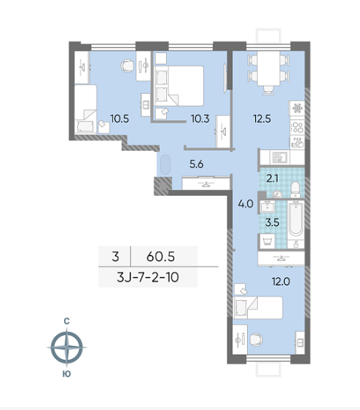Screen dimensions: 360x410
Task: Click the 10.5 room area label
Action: click(x=120, y=119)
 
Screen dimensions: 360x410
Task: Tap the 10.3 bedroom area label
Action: click(x=200, y=119)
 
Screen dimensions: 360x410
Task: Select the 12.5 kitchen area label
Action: click(x=262, y=119)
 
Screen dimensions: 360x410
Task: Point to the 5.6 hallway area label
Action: click(x=197, y=164)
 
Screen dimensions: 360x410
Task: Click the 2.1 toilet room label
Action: click(x=272, y=178)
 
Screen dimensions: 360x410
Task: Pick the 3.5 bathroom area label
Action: click(x=273, y=223)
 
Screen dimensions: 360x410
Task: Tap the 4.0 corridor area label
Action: click(x=246, y=204)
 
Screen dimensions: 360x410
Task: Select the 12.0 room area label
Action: click(x=281, y=282)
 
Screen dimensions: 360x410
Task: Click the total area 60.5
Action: click(x=160, y=256)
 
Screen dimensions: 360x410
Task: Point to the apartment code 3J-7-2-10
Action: click(x=148, y=277)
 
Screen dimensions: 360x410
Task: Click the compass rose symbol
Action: click(x=67, y=347)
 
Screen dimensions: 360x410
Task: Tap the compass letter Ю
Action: click(x=67, y=374)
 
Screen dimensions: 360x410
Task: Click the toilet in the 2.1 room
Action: click(x=295, y=189)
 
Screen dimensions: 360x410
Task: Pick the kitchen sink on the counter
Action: click(x=280, y=157)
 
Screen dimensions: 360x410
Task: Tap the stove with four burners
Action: click(x=297, y=127)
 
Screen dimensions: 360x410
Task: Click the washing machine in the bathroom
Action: click(x=267, y=240)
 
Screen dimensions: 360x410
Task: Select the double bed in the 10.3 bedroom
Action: click(x=179, y=86)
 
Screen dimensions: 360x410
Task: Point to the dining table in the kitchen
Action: click(x=269, y=68)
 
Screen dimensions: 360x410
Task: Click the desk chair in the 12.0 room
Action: click(x=256, y=339)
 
